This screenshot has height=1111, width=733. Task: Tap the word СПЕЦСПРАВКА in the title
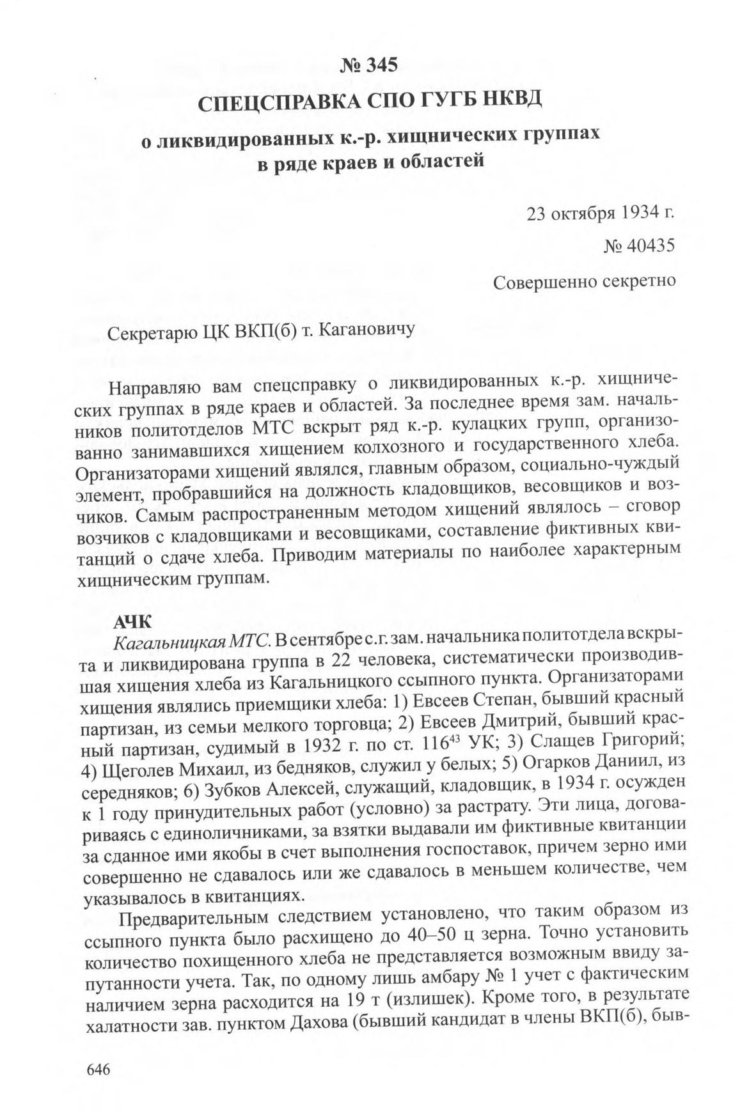265,101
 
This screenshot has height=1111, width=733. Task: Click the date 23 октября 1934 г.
601,213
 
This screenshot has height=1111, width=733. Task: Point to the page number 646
98,1070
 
